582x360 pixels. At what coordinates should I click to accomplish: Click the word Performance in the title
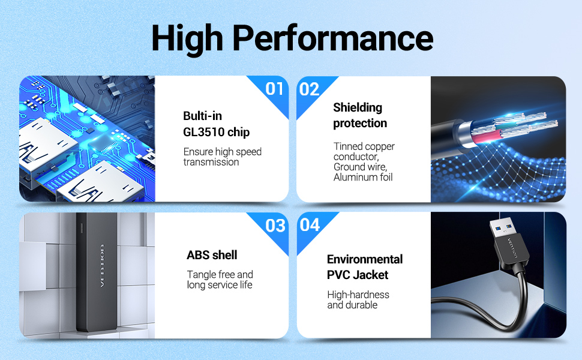333,38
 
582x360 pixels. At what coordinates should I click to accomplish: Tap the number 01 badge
274,89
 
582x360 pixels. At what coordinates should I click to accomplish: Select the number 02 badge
309,89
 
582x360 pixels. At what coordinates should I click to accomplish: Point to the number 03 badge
275,226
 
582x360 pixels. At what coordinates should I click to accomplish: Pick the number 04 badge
310,225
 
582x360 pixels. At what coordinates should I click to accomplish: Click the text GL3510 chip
216,132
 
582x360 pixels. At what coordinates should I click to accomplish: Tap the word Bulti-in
202,116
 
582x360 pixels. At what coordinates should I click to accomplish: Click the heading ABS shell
212,255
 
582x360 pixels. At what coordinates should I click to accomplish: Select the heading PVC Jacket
358,275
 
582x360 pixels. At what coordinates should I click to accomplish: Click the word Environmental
364,259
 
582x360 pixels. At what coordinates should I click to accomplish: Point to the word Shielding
358,107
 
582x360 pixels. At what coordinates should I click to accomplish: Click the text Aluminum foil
362,178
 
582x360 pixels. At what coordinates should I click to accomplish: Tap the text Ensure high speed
223,152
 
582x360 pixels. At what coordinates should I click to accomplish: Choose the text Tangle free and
220,275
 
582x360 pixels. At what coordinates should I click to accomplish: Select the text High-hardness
358,295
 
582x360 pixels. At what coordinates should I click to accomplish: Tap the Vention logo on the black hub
102,266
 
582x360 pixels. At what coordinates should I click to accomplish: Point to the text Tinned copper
364,146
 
